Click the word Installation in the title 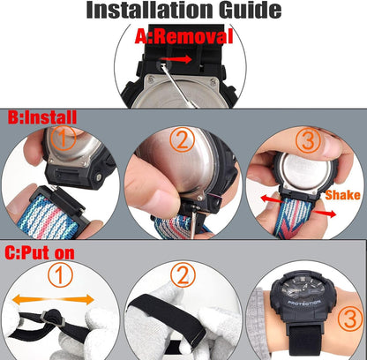pos(150,10)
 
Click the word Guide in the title pos(251,10)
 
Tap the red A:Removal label pos(183,37)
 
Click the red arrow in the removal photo pos(180,59)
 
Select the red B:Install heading pos(42,117)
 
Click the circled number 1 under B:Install pos(64,138)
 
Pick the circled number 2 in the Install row pos(183,139)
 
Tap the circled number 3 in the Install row pos(308,139)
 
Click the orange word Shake pos(342,195)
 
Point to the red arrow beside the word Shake pos(324,213)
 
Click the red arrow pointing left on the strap pos(273,199)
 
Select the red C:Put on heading pos(40,253)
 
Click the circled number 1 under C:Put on pos(60,274)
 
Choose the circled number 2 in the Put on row pos(183,274)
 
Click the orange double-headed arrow pos(53,299)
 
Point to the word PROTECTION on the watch pos(303,303)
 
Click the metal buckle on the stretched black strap pos(53,319)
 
